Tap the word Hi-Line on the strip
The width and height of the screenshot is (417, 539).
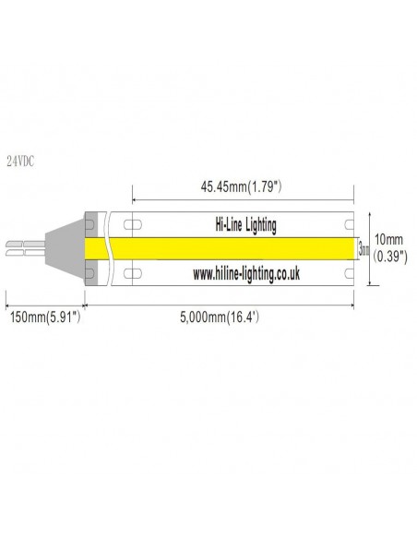tap(222, 224)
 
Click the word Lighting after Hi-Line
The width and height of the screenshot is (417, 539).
tap(263, 224)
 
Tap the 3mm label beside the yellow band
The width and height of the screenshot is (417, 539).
tap(363, 248)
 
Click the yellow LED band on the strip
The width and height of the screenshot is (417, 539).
tap(231, 248)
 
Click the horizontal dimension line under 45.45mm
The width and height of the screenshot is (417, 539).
tap(244, 199)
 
